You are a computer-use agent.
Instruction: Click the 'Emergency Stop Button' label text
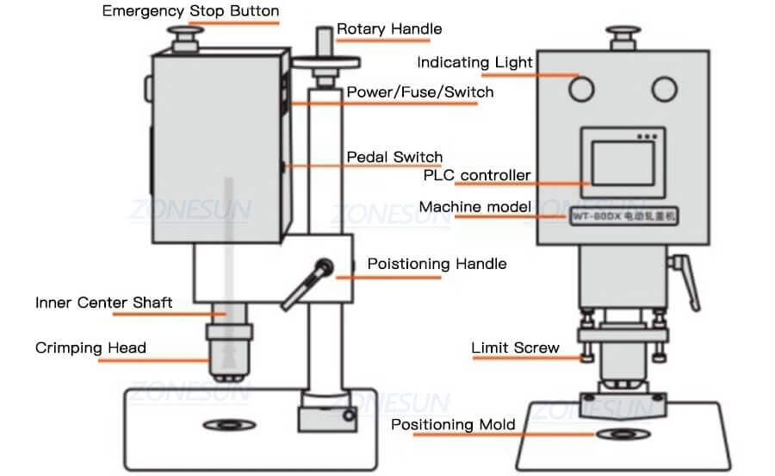click(190, 11)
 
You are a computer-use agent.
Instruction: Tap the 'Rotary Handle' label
click(389, 28)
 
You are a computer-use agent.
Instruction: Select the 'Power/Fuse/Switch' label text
click(420, 91)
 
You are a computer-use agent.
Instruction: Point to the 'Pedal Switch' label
click(394, 157)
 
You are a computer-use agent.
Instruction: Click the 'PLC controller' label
click(477, 175)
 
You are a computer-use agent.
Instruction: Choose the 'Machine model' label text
click(474, 207)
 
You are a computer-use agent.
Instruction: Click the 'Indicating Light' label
click(474, 62)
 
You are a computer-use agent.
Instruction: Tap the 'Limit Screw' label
click(515, 348)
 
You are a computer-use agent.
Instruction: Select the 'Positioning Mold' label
click(453, 424)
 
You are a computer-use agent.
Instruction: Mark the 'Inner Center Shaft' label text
click(103, 302)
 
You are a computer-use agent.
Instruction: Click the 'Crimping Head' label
click(90, 348)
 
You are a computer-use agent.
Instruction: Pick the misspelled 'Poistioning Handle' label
click(437, 263)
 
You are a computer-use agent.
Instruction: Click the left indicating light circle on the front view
click(583, 89)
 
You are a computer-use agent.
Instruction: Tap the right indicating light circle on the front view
click(664, 89)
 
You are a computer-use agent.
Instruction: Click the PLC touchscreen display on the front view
click(623, 165)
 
